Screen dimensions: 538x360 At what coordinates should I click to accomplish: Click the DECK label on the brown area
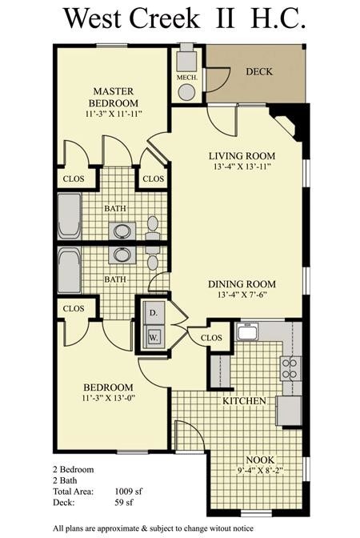tap(258, 72)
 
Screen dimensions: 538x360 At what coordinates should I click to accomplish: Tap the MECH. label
tap(186, 78)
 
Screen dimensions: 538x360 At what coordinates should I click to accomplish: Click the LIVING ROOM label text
tap(242, 155)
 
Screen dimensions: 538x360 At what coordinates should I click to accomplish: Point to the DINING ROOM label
tap(242, 284)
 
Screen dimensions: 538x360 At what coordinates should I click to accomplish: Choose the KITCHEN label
tap(244, 399)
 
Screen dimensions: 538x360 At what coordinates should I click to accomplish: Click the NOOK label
tap(260, 460)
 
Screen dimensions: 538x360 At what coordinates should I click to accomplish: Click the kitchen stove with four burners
tap(289, 368)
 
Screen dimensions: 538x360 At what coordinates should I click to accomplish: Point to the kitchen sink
tap(246, 332)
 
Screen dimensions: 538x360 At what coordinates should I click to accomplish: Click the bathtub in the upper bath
tap(70, 216)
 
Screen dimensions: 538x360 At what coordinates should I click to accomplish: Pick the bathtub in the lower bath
tap(70, 271)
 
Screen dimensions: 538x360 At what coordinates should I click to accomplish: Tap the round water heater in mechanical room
tap(186, 92)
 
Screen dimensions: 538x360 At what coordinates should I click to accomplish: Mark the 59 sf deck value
tap(124, 503)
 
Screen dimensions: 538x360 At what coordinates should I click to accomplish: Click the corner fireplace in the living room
tap(289, 124)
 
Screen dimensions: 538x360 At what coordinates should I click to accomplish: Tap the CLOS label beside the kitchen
tap(211, 337)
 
